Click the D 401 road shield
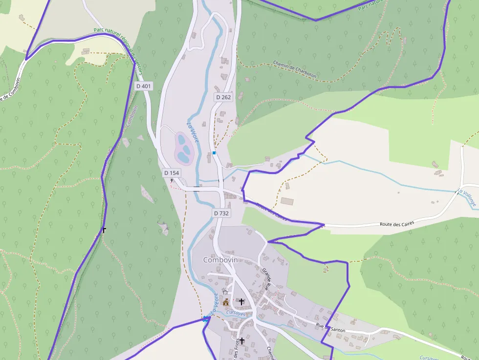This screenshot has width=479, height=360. pos(144,86)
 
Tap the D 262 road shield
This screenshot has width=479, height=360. pos(223,97)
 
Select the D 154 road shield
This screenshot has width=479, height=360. pos(172,173)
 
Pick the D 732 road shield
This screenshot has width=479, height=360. pos(221,213)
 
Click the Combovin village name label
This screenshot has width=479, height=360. pos(220,260)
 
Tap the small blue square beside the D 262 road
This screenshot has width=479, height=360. pos(214,153)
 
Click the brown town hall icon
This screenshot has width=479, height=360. pos(226,302)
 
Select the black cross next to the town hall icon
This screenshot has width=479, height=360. pos(241,302)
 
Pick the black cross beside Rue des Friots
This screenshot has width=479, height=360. pos(241,340)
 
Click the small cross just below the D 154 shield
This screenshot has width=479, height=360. pos(172,180)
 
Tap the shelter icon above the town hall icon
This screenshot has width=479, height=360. pos(226,293)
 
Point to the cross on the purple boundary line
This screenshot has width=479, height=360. pos(104,230)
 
